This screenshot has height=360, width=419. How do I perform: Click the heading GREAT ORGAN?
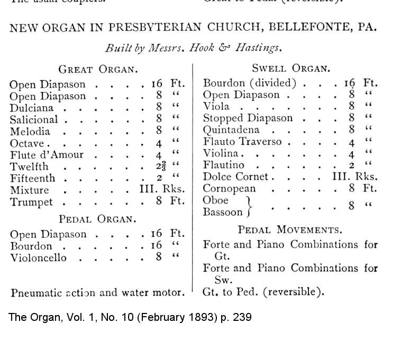tap(98, 69)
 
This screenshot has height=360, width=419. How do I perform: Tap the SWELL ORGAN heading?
tap(290, 68)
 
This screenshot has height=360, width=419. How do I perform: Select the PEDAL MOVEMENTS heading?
tap(289, 230)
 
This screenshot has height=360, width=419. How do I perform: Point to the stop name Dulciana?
tap(31, 108)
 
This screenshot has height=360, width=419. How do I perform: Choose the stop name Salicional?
tap(34, 120)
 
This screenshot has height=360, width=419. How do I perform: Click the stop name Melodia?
tap(30, 132)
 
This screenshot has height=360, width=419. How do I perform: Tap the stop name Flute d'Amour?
tap(47, 155)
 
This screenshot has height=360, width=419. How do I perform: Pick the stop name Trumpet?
tap(31, 202)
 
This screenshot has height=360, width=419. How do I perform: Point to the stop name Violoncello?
tap(39, 258)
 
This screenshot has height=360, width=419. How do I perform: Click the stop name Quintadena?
tap(231, 130)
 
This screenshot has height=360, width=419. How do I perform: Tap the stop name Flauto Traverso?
tap(242, 142)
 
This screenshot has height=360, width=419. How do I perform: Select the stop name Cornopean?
tap(230, 189)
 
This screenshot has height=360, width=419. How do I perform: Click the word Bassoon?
tap(223, 213)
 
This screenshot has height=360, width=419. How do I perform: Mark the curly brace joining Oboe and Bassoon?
tap(249, 206)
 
